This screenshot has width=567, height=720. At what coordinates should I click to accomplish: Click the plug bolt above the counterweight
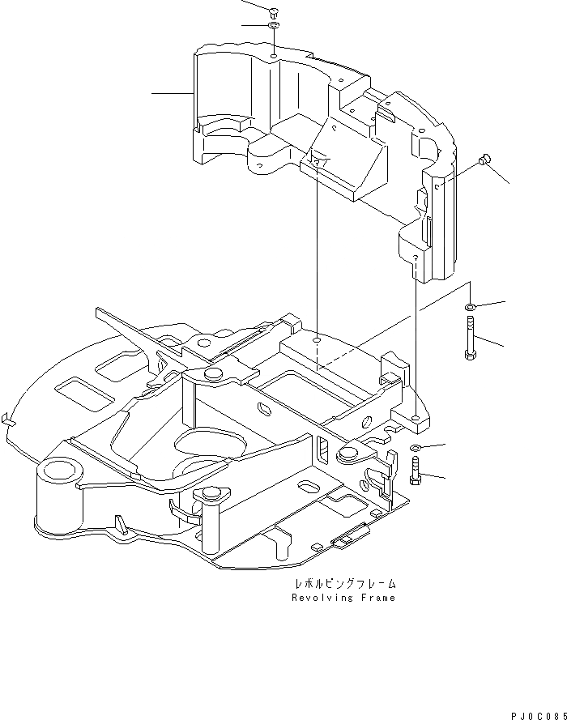pyautogui.click(x=272, y=11)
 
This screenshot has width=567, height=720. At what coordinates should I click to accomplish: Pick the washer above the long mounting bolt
pyautogui.click(x=471, y=308)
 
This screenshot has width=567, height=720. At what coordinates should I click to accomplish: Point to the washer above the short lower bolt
pyautogui.click(x=415, y=448)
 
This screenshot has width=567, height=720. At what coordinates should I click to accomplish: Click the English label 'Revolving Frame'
pyautogui.click(x=343, y=598)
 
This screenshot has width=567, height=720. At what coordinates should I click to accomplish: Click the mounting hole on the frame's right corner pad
pyautogui.click(x=415, y=417)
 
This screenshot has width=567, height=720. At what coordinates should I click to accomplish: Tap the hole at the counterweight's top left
pyautogui.click(x=275, y=57)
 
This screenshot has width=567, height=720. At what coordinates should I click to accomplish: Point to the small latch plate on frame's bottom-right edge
pyautogui.click(x=350, y=536)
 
